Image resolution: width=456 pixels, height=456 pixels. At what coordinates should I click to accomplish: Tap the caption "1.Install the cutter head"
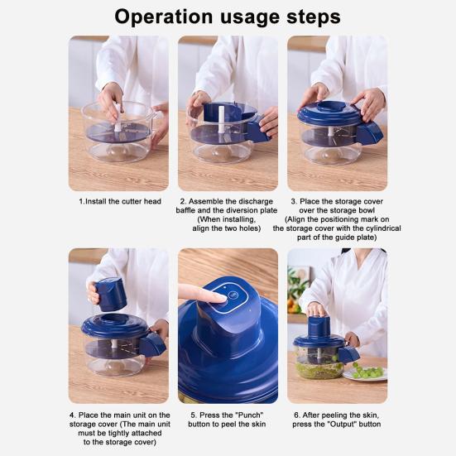[118, 201]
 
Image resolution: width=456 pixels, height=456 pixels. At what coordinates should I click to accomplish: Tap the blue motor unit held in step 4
[108, 294]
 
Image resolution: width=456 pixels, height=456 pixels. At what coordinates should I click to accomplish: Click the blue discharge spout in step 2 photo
[257, 132]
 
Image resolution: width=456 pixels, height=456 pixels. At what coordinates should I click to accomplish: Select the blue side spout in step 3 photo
[370, 132]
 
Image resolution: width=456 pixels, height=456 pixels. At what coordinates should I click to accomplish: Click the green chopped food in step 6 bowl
[318, 367]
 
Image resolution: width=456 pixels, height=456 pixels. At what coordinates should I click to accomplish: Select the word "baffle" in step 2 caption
[199, 210]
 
